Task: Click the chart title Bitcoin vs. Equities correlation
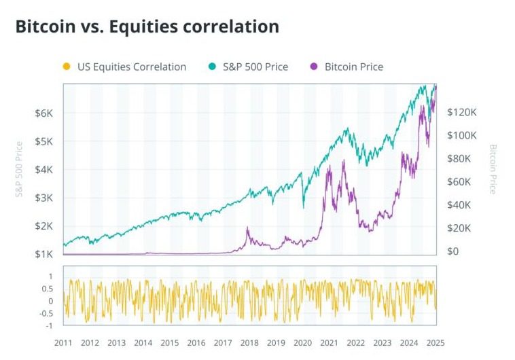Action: [147, 26]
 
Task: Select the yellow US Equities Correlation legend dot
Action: [66, 67]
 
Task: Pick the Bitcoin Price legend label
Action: [353, 67]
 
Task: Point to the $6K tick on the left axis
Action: [43, 113]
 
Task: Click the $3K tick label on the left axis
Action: [43, 198]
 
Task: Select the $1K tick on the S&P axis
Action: [43, 254]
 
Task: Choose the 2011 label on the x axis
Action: [64, 343]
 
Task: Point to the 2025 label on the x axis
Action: [436, 343]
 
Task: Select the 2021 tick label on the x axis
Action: [330, 343]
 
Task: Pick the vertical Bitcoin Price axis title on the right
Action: [493, 169]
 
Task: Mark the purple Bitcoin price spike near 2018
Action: [247, 228]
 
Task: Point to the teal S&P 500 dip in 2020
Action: [303, 205]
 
